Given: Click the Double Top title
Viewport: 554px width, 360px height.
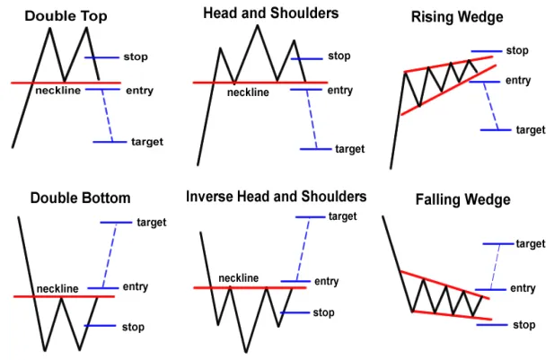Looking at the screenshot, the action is [x=66, y=16].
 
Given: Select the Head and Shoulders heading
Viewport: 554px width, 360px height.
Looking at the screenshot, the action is [x=270, y=13].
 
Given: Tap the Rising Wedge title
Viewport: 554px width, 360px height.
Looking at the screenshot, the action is [x=457, y=17].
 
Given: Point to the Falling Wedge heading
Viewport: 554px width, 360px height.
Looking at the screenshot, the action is [x=462, y=199].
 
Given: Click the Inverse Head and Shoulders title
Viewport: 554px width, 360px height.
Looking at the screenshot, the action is [x=277, y=197].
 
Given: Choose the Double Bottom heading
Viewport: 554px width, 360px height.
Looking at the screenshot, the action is [x=81, y=198].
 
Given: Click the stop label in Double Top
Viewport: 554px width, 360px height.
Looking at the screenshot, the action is [x=136, y=57].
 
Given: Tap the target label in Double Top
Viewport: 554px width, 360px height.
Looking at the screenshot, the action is [x=147, y=142].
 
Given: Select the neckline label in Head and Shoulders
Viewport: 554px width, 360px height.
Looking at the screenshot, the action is [x=248, y=92].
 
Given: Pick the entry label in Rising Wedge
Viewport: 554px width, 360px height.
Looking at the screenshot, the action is [x=518, y=81].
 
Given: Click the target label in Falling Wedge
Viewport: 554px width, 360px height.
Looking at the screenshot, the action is [x=531, y=244].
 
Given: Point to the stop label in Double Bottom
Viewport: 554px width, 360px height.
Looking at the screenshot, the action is [x=133, y=327].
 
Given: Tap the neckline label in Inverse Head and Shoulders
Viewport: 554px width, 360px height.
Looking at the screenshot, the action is [x=239, y=278].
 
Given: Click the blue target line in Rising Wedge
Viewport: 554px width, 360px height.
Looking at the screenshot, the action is [x=496, y=130].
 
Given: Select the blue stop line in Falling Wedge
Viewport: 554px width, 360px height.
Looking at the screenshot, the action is [x=492, y=325].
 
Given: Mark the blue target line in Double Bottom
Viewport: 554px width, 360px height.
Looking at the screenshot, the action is [x=116, y=223].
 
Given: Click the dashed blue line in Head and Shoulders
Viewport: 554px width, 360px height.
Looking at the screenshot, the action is [x=312, y=119].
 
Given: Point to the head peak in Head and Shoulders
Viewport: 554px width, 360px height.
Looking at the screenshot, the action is [x=258, y=25].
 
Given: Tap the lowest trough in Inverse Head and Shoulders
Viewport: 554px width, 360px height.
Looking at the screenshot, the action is [x=246, y=352].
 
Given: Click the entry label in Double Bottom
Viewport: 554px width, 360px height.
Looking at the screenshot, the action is [x=136, y=286].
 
